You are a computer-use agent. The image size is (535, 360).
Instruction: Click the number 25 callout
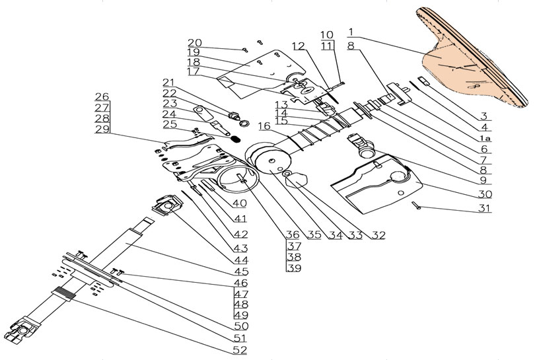(x=169, y=124)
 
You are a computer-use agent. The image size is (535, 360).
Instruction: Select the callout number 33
(x=359, y=234)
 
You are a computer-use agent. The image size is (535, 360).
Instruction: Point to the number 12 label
(x=298, y=46)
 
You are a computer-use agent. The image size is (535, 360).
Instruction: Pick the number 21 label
(x=170, y=82)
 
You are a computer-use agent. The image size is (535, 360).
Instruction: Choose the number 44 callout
(x=240, y=260)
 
